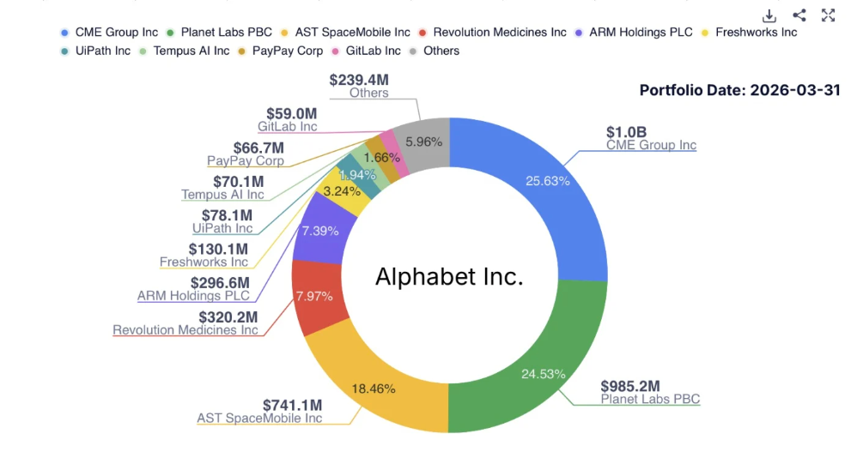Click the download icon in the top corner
[x=769, y=15]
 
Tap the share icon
[x=799, y=15]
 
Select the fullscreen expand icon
[x=828, y=15]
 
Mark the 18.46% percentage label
[x=374, y=389]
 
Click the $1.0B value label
[x=626, y=132]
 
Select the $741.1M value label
[x=293, y=405]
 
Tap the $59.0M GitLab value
[x=291, y=113]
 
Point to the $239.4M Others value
[x=359, y=80]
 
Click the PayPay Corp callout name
[x=246, y=160]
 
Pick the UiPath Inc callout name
[x=222, y=228]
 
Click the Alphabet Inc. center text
[x=449, y=277]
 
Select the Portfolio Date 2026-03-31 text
[x=740, y=90]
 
